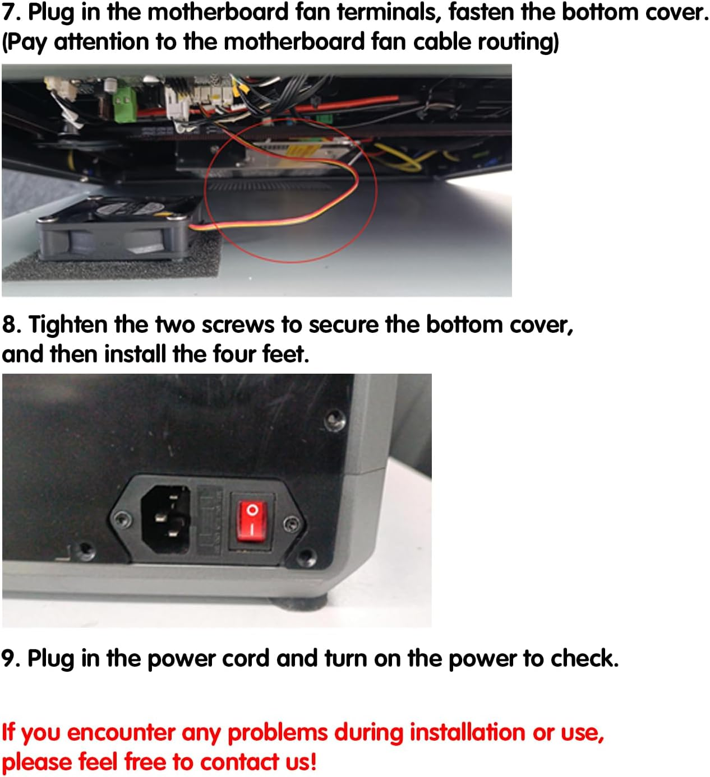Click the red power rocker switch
[252, 521]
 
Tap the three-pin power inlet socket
[165, 519]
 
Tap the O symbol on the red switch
[252, 510]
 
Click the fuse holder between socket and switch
[209, 520]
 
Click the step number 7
[11, 12]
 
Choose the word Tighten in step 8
[68, 324]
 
